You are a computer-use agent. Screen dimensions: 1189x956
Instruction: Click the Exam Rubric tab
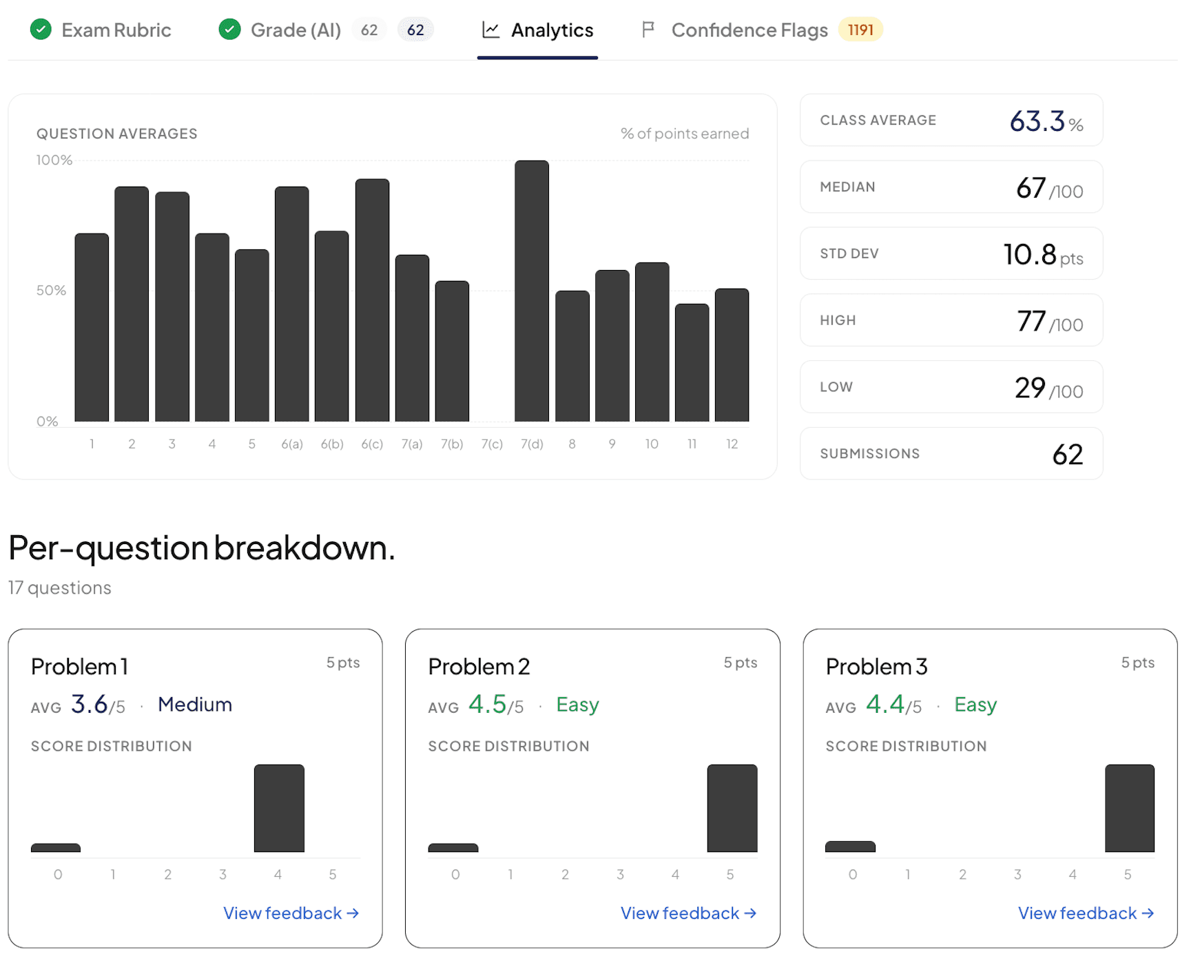[101, 30]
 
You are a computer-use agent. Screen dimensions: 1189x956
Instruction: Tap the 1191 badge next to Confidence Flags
[860, 30]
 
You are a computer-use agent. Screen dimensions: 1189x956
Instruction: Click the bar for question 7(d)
[532, 291]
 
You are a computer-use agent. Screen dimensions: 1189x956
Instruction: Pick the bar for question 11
[692, 362]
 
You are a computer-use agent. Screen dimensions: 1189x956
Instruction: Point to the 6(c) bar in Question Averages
[372, 300]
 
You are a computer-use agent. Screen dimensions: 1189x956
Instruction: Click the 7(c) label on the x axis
[492, 444]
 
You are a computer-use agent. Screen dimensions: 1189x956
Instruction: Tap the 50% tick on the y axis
[52, 291]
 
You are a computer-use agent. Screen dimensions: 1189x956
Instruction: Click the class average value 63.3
[1037, 121]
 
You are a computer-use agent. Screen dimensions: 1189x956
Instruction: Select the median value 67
[1031, 187]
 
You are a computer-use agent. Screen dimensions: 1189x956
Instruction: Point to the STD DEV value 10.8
[1030, 254]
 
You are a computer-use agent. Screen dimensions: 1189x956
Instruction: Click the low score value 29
[1030, 388]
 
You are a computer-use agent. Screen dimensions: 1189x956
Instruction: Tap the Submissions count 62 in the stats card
[1068, 455]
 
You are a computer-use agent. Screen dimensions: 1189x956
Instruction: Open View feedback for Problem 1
[291, 913]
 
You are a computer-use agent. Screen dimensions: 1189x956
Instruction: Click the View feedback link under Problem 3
[1086, 913]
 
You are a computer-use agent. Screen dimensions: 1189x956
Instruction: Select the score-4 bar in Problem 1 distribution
[279, 808]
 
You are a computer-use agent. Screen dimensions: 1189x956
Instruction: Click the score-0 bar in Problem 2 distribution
[453, 848]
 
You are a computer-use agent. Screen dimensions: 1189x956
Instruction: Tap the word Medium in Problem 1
[195, 705]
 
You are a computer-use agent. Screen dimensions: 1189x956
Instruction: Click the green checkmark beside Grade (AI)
[229, 30]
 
